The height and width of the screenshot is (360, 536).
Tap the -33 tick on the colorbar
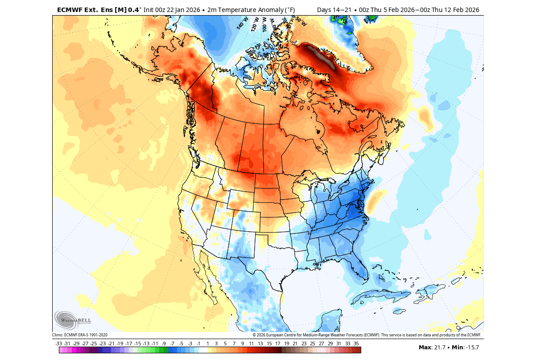[58, 344]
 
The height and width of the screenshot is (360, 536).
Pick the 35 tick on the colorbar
[356, 344]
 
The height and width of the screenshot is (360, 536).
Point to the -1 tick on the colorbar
[198, 344]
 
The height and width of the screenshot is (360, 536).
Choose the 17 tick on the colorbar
[277, 344]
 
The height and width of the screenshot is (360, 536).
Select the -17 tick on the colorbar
[128, 344]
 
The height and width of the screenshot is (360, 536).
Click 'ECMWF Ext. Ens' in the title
[80, 10]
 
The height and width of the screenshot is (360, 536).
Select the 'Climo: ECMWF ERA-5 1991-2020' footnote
[80, 335]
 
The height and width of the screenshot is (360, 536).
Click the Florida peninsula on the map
[361, 270]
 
